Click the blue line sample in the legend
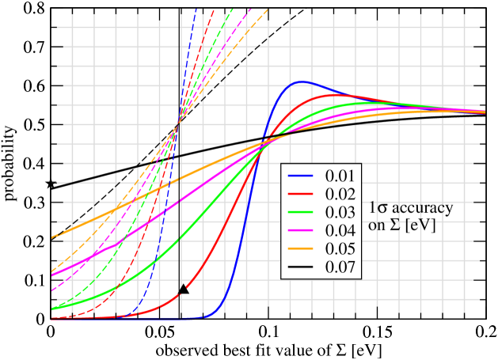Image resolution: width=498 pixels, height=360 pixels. [x=302, y=176]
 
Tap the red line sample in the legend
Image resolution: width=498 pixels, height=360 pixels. [x=302, y=194]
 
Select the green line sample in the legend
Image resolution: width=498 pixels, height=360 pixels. [x=302, y=212]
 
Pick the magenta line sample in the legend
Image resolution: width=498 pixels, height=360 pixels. [x=302, y=230]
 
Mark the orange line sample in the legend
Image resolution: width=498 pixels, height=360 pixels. [x=302, y=248]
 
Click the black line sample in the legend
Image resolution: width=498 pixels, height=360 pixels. [x=302, y=267]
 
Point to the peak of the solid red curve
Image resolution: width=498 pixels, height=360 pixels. [x=330, y=95]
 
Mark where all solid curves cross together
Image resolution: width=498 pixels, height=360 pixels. [x=267, y=141]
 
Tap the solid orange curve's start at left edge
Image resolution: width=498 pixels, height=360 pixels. [x=52, y=237]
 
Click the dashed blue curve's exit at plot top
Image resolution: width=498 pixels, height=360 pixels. [x=195, y=9]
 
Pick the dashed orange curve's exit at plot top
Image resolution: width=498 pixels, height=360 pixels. [x=268, y=9]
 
